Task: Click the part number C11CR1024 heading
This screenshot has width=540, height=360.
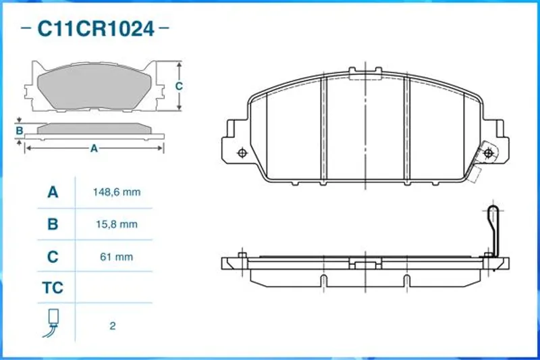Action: [x=95, y=28]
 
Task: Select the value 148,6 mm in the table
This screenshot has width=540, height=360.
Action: [x=117, y=192]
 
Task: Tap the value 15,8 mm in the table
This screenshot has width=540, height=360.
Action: [x=117, y=225]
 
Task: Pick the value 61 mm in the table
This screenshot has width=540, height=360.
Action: [x=116, y=257]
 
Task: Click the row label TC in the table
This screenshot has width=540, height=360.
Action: [x=53, y=288]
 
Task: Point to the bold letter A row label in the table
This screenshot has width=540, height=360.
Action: [x=53, y=192]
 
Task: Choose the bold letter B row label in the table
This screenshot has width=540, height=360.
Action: [x=53, y=224]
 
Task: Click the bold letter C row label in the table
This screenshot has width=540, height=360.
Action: [x=53, y=257]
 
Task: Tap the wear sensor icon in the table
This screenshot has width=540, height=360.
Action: [x=52, y=323]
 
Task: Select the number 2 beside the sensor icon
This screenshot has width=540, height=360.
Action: [x=113, y=326]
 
